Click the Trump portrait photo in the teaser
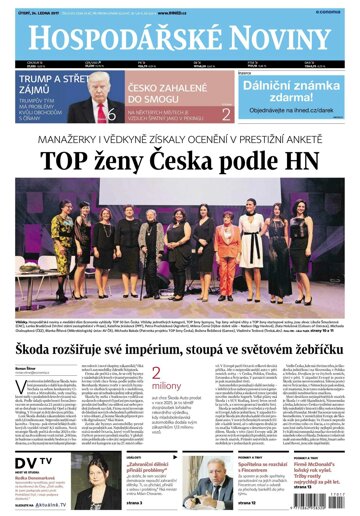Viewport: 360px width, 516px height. click(99, 94)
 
